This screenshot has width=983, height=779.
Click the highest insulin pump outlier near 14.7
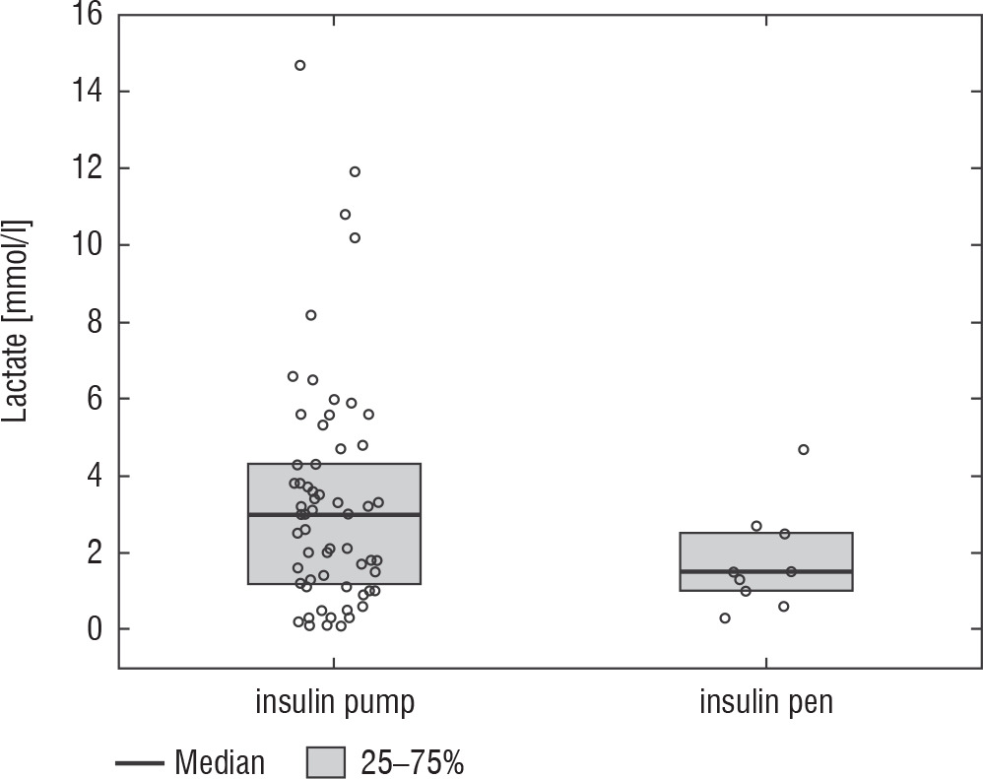[300, 65]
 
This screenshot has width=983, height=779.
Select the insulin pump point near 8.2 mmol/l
[310, 315]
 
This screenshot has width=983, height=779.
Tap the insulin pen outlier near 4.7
[803, 449]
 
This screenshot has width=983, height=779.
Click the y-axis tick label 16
[84, 16]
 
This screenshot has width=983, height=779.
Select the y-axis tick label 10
[84, 245]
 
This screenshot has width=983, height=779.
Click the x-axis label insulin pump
[334, 702]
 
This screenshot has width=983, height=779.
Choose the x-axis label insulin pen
[765, 702]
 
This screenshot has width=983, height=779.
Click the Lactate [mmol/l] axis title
[19, 321]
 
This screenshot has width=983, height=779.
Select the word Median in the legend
[220, 762]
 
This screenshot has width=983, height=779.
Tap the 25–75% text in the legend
[412, 762]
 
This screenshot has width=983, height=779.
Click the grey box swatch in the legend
[326, 762]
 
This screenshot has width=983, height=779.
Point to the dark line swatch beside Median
[139, 762]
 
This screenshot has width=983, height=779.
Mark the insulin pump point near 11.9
[355, 171]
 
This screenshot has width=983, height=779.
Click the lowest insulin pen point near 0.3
[725, 618]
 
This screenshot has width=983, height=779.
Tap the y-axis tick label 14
[84, 92]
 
